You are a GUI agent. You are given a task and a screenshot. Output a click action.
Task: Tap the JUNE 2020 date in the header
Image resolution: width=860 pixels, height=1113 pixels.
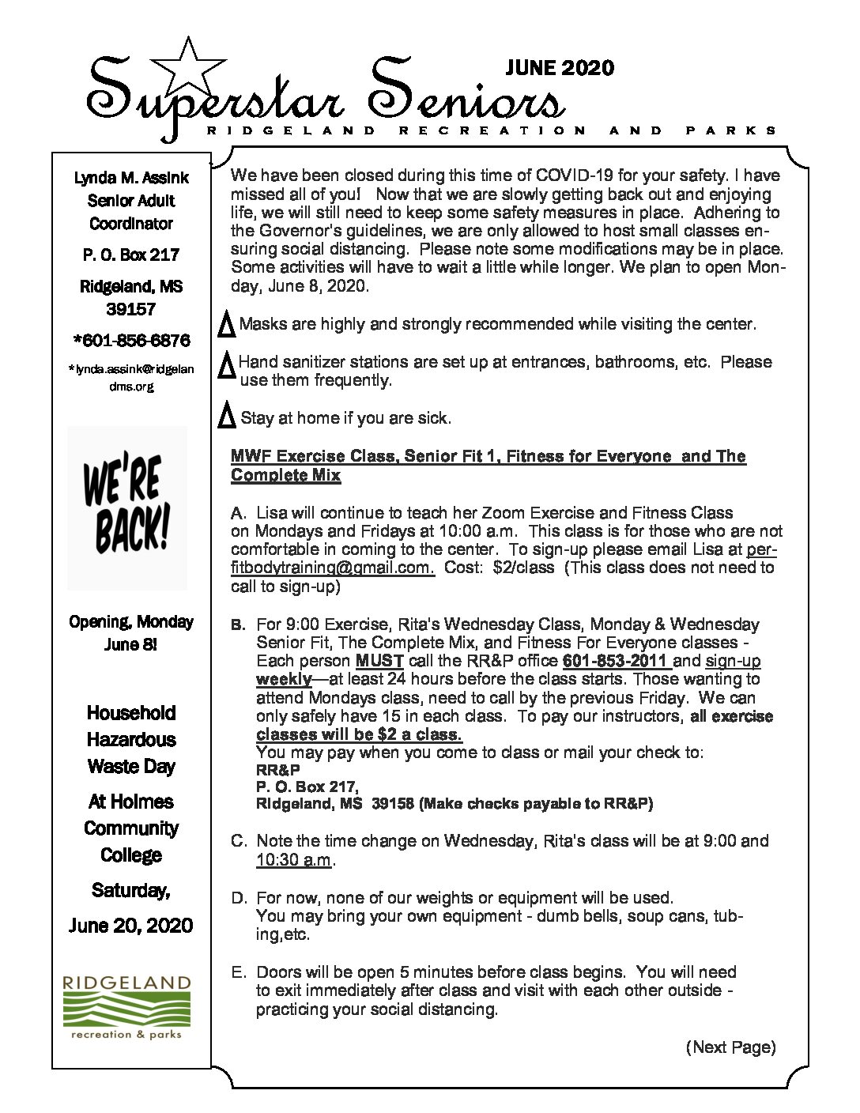[560, 68]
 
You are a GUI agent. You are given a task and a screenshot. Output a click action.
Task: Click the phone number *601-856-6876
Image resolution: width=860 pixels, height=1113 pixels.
[131, 341]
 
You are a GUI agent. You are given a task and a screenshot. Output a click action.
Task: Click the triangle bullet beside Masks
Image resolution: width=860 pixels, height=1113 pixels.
[226, 325]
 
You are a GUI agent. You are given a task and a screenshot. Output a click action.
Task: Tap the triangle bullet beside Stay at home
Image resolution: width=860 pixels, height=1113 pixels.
[227, 415]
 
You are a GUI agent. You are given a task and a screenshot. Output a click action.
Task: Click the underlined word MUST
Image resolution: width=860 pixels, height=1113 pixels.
[379, 661]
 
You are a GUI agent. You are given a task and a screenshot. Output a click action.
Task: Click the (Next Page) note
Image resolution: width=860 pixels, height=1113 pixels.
[730, 1047]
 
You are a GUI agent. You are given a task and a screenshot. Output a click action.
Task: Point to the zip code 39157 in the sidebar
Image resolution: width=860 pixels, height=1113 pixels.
[131, 309]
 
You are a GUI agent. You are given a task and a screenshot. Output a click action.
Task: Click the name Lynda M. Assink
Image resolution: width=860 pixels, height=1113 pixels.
[131, 178]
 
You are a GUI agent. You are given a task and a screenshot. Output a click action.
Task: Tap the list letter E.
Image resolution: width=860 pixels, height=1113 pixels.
[238, 972]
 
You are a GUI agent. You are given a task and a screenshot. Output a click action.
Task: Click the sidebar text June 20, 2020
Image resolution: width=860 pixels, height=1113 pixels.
[130, 926]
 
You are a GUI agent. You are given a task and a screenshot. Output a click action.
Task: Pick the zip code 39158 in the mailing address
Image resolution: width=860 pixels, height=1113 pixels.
[393, 804]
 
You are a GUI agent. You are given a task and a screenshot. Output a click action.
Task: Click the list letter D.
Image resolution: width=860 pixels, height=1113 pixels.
[238, 898]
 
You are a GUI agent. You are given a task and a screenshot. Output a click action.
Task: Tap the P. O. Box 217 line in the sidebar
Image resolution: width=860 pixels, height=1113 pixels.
[131, 255]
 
